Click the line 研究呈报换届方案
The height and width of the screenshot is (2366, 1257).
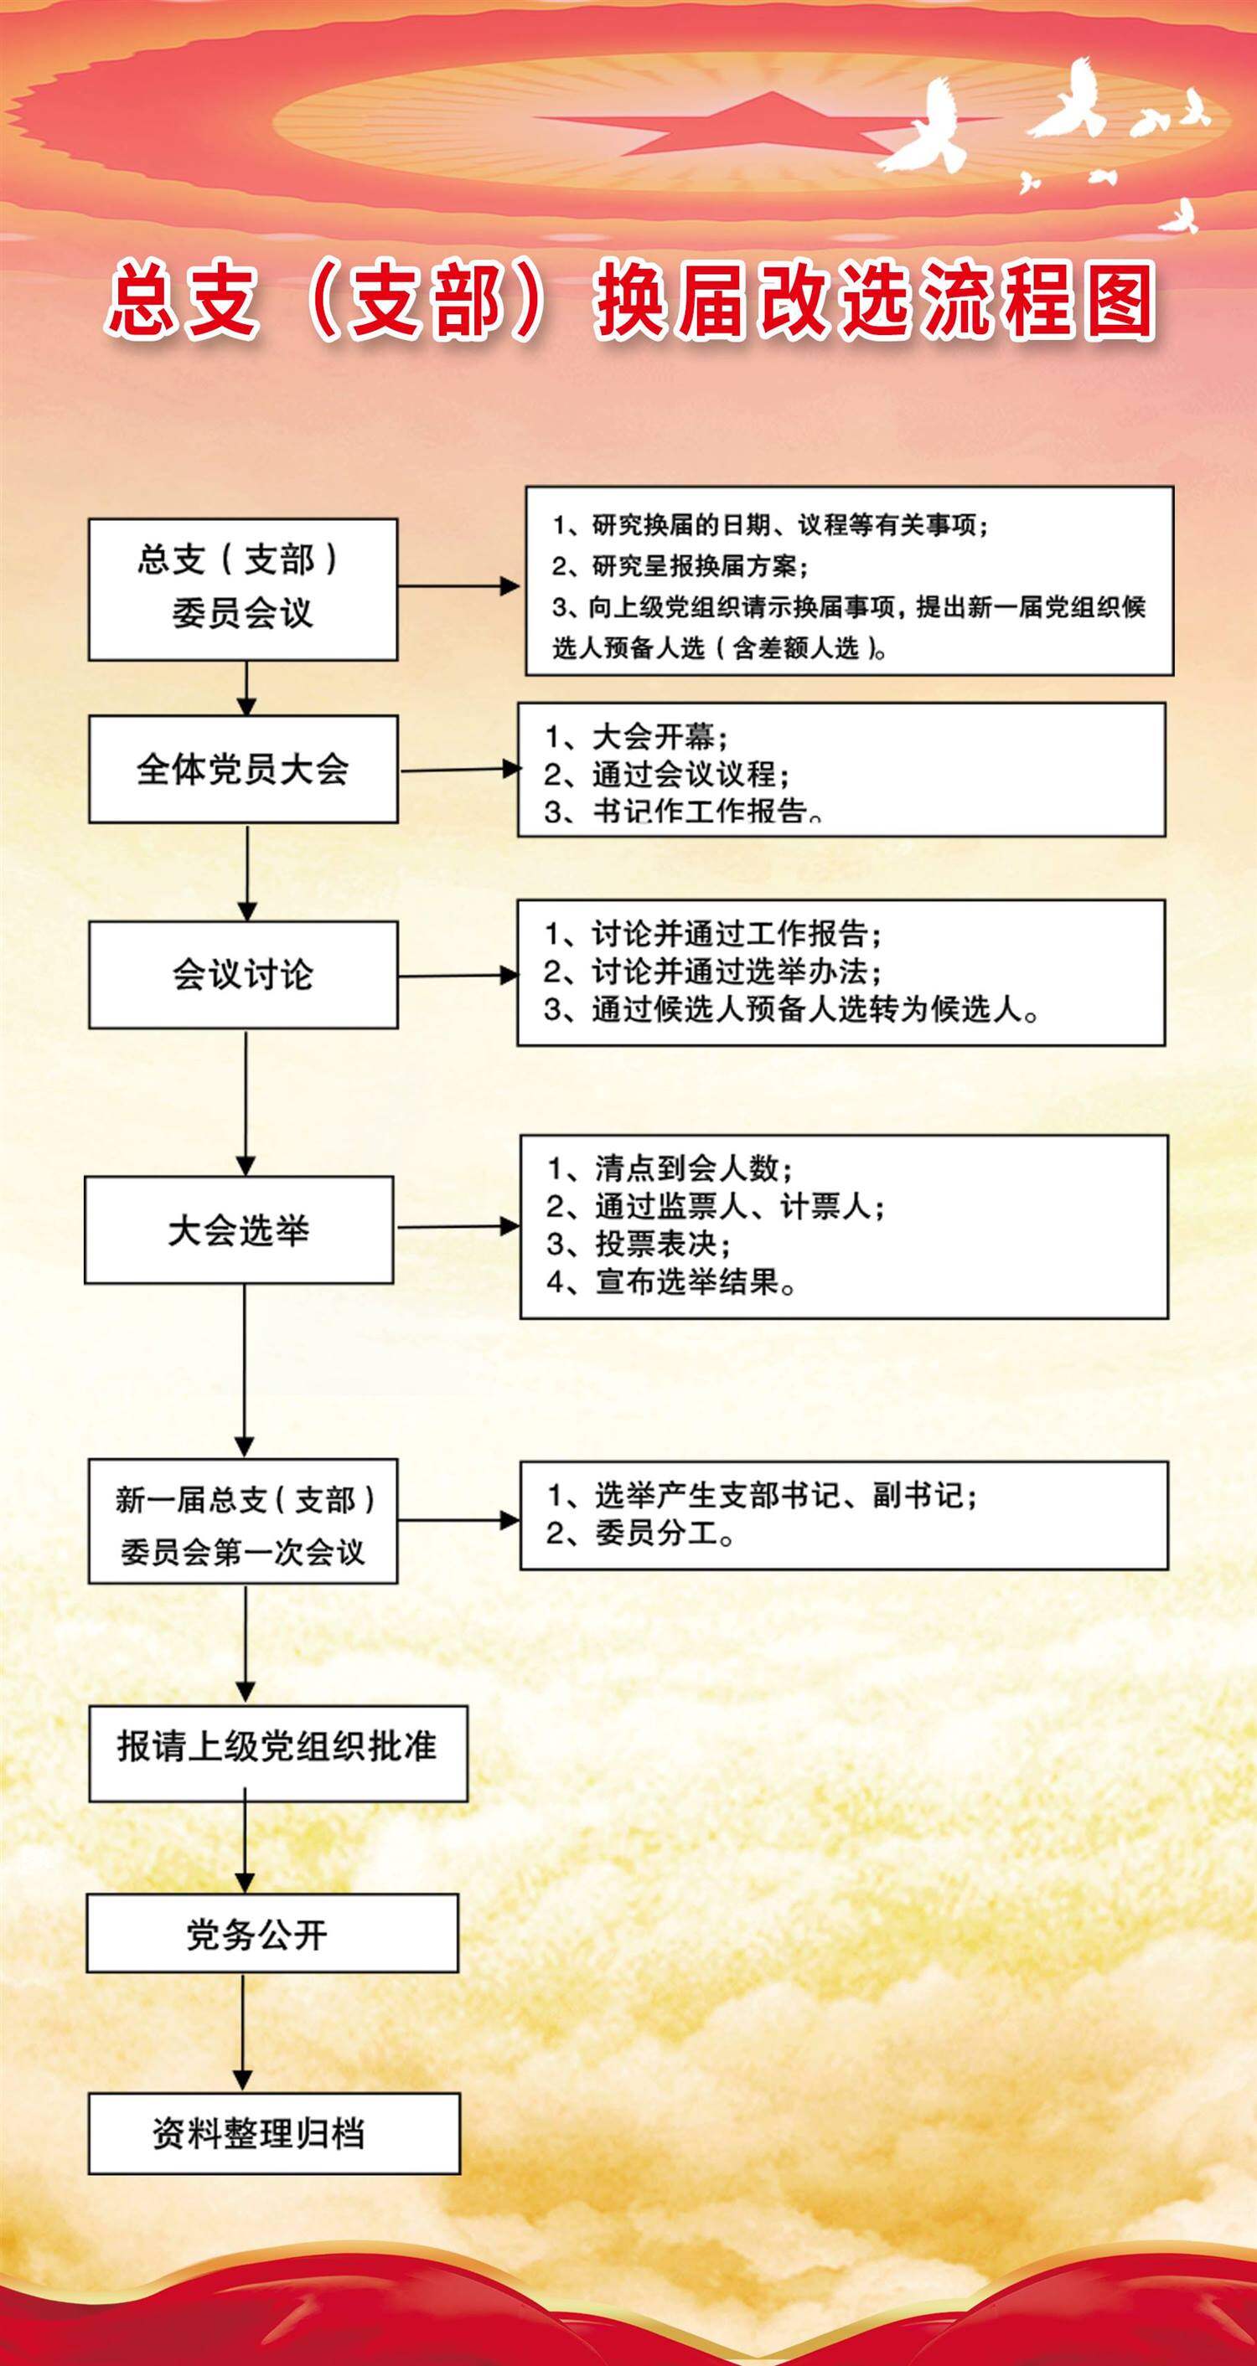pyautogui.click(x=680, y=566)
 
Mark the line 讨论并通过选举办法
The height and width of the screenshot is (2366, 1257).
pyautogui.click(x=713, y=971)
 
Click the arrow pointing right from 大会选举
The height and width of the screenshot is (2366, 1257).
pyautogui.click(x=458, y=1226)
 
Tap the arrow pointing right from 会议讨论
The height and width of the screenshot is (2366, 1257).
pyautogui.click(x=458, y=976)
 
